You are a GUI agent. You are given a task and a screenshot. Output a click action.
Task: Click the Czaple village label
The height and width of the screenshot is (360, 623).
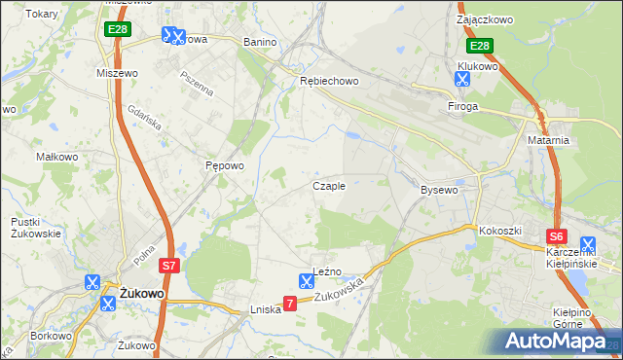[x=328, y=186]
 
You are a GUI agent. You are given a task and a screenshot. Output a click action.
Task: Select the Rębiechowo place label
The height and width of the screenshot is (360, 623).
[x=329, y=82]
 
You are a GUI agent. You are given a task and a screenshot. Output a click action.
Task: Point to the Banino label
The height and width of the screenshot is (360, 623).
[x=260, y=43]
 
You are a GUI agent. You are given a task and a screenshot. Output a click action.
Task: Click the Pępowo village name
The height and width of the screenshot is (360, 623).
[x=224, y=166]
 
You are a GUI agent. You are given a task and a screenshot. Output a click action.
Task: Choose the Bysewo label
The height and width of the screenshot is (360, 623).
[x=438, y=190]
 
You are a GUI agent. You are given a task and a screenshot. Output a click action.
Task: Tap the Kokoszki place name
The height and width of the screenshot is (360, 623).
[x=499, y=231]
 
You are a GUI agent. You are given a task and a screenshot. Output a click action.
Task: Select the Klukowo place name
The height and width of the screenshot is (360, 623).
[x=478, y=67]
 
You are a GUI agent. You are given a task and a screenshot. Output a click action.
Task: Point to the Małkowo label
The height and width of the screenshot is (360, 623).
[x=56, y=157]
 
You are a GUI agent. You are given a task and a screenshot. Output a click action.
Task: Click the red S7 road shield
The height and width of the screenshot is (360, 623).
[x=169, y=265]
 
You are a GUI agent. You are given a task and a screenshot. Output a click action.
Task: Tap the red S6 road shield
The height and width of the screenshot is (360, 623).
[x=556, y=236]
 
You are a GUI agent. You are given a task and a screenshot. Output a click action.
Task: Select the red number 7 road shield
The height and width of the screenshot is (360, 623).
[x=290, y=305]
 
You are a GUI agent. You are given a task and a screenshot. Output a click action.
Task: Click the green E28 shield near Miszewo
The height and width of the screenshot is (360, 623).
[x=118, y=30]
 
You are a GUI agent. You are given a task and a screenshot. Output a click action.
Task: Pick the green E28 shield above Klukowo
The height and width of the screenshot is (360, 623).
[x=479, y=46]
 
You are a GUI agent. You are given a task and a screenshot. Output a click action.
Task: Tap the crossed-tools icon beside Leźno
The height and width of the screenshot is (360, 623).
[x=306, y=282]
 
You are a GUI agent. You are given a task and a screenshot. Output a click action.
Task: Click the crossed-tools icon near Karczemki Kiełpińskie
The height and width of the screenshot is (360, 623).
[x=588, y=245]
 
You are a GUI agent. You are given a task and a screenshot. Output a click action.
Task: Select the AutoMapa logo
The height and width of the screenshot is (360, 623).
[x=555, y=342]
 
